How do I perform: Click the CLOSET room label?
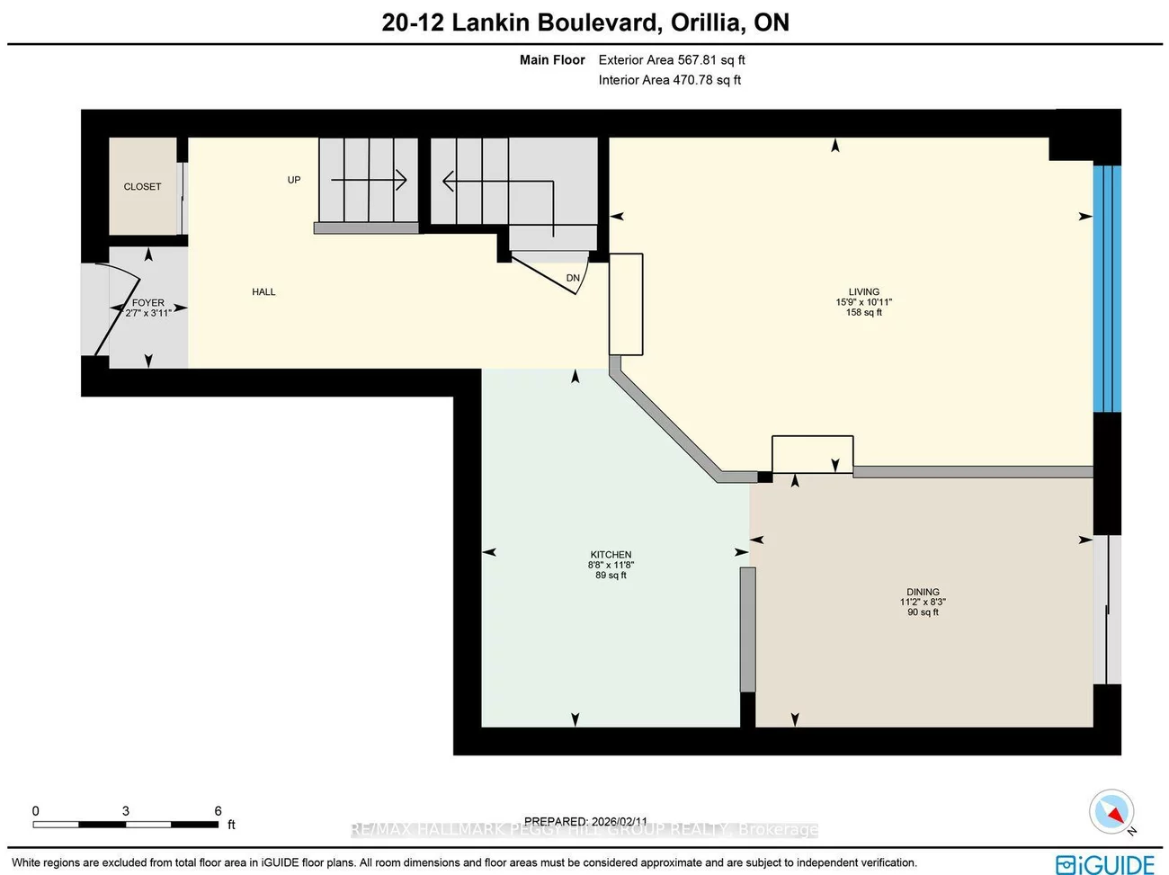(x=142, y=186)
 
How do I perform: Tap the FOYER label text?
(x=148, y=303)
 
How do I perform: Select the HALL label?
(x=263, y=291)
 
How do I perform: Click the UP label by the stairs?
(x=294, y=180)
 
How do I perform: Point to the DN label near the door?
(x=573, y=278)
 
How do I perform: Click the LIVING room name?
(x=863, y=291)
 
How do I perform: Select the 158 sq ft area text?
(x=863, y=312)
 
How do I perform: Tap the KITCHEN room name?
(x=611, y=555)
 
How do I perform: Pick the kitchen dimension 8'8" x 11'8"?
(x=611, y=565)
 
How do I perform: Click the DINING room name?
(x=923, y=593)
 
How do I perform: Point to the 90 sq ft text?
(x=923, y=612)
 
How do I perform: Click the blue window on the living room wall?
(x=1106, y=288)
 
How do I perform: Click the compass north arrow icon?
(x=1111, y=811)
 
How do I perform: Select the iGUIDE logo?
(x=1104, y=864)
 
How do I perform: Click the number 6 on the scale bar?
(x=218, y=810)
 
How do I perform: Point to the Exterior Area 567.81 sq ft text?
(x=672, y=60)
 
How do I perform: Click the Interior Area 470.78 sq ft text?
(x=670, y=80)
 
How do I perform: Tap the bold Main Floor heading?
(x=552, y=60)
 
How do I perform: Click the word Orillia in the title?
(x=707, y=22)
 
